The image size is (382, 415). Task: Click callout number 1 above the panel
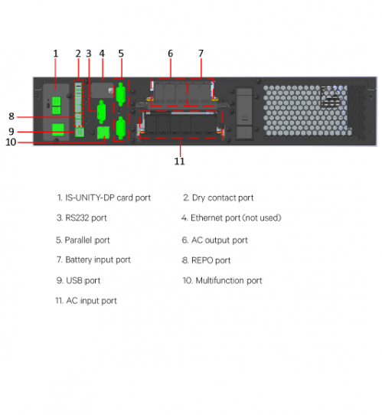click(x=56, y=54)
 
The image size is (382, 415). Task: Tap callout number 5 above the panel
click(x=121, y=54)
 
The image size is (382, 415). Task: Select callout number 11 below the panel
click(x=179, y=162)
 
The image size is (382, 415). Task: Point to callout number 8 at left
click(x=11, y=116)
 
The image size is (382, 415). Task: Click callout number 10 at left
click(x=11, y=142)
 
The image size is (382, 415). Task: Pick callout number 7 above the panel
click(x=201, y=54)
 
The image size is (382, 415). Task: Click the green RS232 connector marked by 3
click(x=101, y=112)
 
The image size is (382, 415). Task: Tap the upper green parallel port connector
click(x=121, y=95)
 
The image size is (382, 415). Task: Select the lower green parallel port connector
click(x=121, y=128)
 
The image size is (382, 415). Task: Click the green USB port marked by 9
click(x=80, y=132)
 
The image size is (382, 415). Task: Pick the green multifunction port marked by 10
click(x=103, y=132)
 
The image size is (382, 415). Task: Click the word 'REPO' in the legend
click(x=202, y=260)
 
